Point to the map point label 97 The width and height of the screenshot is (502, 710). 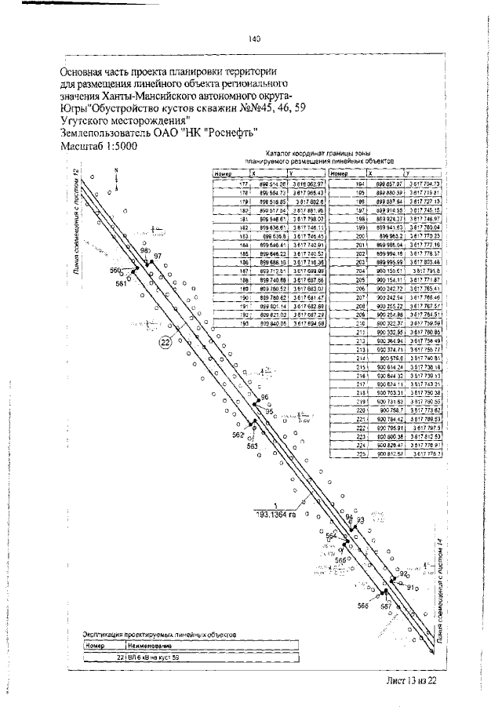coord(158,257)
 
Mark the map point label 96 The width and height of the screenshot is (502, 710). coord(264,398)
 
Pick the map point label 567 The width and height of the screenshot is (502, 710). coord(386,606)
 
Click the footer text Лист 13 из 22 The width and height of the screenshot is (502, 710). coord(411,680)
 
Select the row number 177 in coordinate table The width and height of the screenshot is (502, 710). coord(242,183)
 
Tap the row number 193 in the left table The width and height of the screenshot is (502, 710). coord(242,322)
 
